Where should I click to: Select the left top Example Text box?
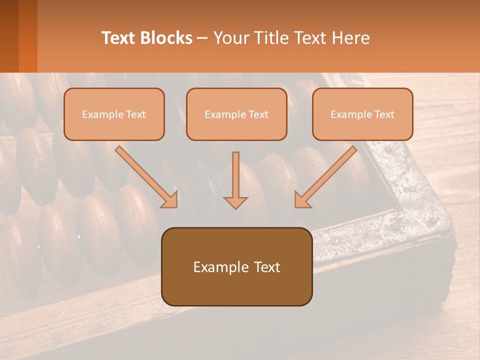coord(114,114)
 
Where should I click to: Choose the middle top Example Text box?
coord(236,114)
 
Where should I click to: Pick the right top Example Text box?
coord(362,114)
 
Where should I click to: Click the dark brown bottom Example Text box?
coord(236,266)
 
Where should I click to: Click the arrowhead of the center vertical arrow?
coord(235,202)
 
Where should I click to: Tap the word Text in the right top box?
coord(384,114)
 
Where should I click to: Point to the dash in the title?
coord(202,38)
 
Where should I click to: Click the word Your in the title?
coord(232,38)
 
